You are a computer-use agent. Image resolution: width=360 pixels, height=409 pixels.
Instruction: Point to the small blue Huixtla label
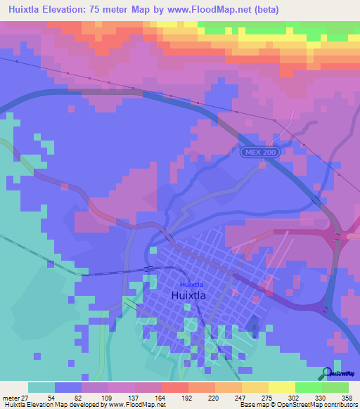pyautogui.click(x=189, y=284)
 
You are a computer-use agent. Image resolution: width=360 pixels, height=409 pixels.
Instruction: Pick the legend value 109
pyautogui.click(x=109, y=397)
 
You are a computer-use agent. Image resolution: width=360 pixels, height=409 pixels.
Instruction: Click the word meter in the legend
pyautogui.click(x=9, y=397)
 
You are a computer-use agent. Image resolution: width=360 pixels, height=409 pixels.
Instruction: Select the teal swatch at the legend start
pyautogui.click(x=41, y=387)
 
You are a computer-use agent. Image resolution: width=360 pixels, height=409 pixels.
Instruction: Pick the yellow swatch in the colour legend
pyautogui.click(x=281, y=387)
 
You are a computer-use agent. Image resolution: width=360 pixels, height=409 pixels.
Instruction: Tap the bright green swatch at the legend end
pyautogui.click(x=335, y=387)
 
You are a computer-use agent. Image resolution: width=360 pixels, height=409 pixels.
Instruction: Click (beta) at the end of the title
pyautogui.click(x=266, y=10)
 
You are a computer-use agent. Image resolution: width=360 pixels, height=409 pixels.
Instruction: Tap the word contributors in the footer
pyautogui.click(x=339, y=405)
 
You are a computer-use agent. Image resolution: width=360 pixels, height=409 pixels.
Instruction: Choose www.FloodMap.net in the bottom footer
pyautogui.click(x=132, y=405)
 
